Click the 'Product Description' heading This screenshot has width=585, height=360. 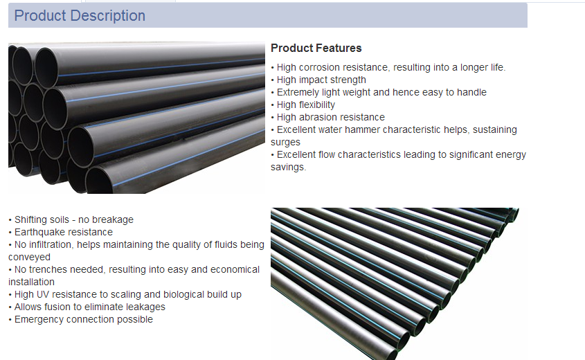pos(80,16)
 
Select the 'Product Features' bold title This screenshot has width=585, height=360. pos(316,48)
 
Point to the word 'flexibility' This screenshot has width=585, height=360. pos(316,105)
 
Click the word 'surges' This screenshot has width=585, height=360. pos(285,143)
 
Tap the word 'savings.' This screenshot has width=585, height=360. pos(289,168)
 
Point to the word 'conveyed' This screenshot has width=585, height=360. pos(29,258)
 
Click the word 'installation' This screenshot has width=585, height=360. pos(31,282)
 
